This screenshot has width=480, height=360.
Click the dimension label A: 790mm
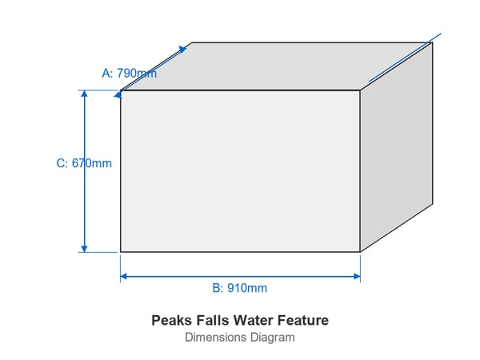tap(129, 73)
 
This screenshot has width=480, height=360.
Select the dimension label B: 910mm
tap(240, 288)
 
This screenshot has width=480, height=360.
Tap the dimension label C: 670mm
tap(84, 163)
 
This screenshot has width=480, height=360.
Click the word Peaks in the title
tap(172, 321)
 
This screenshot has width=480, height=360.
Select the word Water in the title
tap(253, 321)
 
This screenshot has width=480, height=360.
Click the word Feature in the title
tap(303, 321)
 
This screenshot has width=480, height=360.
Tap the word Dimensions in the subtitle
tap(215, 338)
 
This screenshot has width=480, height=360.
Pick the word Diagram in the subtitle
tap(273, 338)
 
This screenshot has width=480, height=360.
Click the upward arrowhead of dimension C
tap(84, 94)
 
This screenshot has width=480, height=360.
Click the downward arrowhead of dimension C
tap(84, 249)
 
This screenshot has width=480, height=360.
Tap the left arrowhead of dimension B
tap(124, 277)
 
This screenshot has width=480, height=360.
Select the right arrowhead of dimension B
tap(357, 277)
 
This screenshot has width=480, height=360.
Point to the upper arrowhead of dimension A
tap(182, 50)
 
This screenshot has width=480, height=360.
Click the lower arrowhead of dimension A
tap(118, 94)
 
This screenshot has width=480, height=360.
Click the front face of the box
tap(240, 171)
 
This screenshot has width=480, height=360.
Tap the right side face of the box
tap(397, 147)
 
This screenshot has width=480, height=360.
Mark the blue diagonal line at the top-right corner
tap(405, 58)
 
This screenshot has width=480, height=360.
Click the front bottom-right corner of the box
tap(360, 252)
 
